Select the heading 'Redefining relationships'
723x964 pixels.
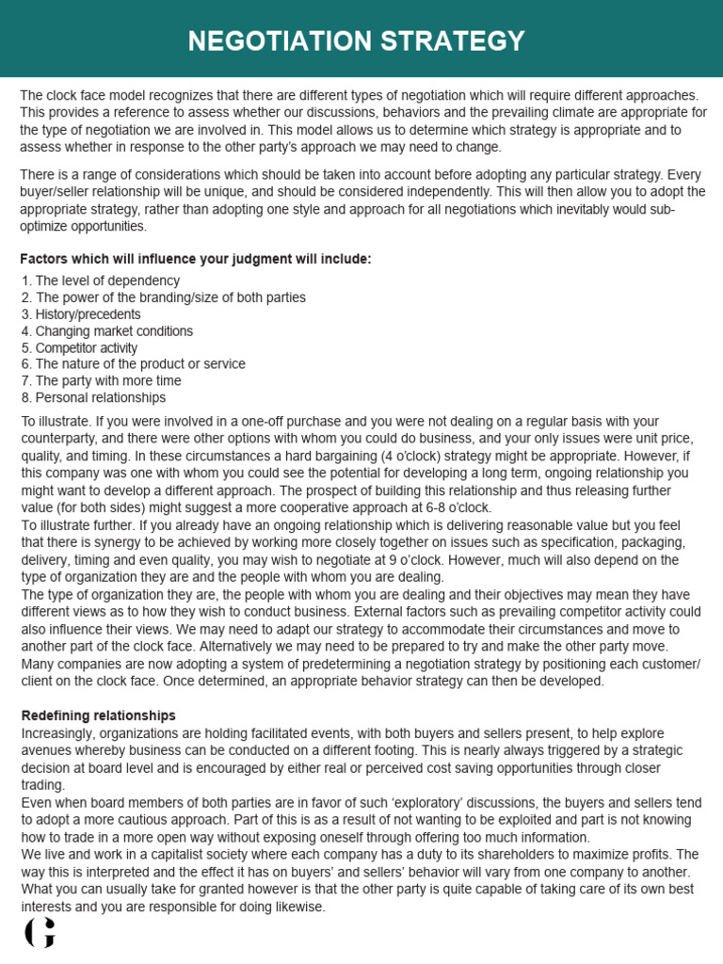pyautogui.click(x=98, y=715)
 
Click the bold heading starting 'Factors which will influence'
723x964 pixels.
pyautogui.click(x=196, y=259)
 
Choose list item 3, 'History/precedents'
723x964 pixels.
pyautogui.click(x=81, y=314)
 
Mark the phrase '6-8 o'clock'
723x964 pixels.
pyautogui.click(x=459, y=507)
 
